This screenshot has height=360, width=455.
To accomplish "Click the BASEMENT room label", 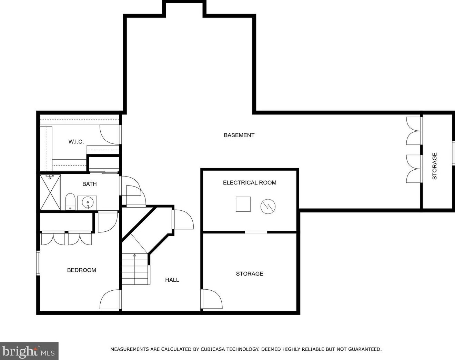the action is (239, 135).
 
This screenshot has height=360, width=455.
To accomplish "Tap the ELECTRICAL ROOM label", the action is (250, 182).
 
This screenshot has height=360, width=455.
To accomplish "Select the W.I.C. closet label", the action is (76, 141).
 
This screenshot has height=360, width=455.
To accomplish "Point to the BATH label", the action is (89, 184).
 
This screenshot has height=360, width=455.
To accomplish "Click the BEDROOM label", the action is (81, 270).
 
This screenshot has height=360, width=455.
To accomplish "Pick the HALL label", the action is (172, 280).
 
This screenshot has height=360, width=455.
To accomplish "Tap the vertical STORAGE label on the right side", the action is (435, 166).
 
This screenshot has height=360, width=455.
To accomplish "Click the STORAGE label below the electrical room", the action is (250, 274).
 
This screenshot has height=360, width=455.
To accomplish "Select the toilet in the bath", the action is (70, 202).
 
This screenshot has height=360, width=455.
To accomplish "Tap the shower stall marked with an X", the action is (50, 192).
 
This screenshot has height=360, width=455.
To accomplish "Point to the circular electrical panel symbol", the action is (268, 207).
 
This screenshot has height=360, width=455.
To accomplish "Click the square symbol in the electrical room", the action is (243, 204).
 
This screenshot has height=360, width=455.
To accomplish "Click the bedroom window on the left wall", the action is (38, 263).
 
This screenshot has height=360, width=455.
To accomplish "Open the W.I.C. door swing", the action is (110, 134).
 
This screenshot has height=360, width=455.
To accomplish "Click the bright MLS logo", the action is (29, 351).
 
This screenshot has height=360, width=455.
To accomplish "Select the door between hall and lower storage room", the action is (211, 299).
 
